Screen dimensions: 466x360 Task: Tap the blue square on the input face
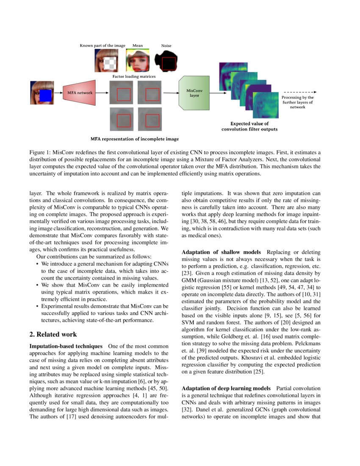[45, 95]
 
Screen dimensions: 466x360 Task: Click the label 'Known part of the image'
[103, 45]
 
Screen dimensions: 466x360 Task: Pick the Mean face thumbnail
[138, 60]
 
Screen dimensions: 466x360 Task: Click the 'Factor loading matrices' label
[134, 77]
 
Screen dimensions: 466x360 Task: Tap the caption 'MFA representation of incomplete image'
[134, 139]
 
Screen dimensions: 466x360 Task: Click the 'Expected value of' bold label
[249, 123]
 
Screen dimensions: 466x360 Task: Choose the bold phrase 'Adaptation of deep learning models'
[226, 388]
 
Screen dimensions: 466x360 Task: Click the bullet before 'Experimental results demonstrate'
[37, 306]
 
